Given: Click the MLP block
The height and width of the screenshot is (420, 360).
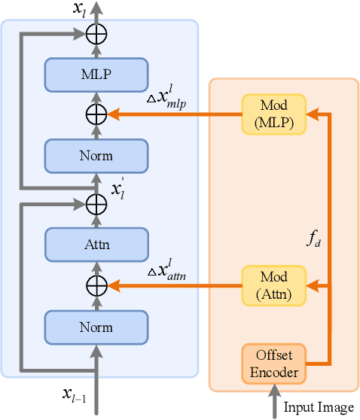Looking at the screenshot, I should pos(95,74).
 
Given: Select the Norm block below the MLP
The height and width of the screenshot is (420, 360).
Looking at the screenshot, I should pos(95,156).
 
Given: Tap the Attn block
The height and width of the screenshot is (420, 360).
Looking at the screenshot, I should pos(95,245).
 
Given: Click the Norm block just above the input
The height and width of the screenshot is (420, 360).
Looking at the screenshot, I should pos(95,327).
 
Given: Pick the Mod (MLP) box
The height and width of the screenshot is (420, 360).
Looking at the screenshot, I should pos(274,114).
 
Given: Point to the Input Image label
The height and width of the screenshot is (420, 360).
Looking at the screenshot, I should pos(318,407).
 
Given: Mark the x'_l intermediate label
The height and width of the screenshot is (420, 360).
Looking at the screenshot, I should pos(118,187).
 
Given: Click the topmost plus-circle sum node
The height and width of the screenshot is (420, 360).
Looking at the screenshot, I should pos(96,32).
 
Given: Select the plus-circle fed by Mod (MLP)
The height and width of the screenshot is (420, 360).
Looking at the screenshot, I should pos(96,114).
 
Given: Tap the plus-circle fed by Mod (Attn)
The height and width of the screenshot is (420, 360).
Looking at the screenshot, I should pos(96,286).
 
